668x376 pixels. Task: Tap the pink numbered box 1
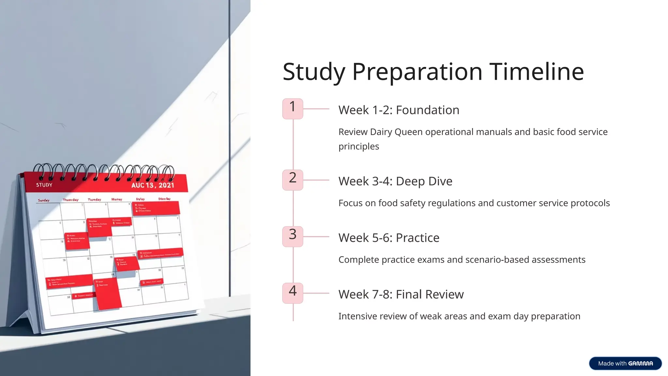(x=293, y=109)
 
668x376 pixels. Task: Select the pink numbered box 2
(x=293, y=180)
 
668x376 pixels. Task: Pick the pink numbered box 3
(x=293, y=236)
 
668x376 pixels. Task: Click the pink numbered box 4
(x=293, y=293)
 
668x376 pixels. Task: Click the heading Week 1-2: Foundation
(x=399, y=110)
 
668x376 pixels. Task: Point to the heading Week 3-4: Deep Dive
(x=395, y=181)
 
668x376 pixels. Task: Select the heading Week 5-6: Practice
(x=389, y=238)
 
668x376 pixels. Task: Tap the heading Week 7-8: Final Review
(x=401, y=294)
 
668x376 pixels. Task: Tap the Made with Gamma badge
(x=625, y=363)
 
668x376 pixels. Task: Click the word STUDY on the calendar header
(x=44, y=185)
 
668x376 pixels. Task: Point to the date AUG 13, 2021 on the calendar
(x=153, y=185)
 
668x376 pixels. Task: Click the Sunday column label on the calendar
(x=44, y=200)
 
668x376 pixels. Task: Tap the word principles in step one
(x=358, y=146)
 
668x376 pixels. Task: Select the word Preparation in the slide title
(x=417, y=72)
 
